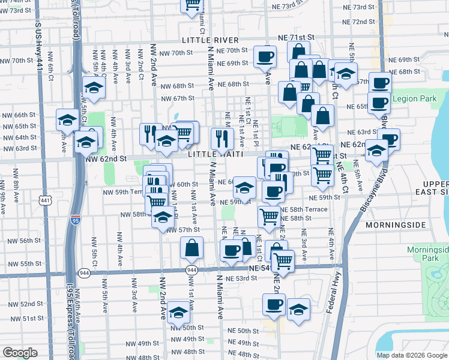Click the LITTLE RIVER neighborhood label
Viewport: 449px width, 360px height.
[x=211, y=40]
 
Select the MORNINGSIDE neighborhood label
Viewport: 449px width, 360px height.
[x=395, y=225]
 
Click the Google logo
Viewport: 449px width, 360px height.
[x=20, y=353]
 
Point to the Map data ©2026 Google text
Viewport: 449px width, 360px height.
[x=412, y=355]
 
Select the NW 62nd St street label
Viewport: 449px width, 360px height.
[x=106, y=159]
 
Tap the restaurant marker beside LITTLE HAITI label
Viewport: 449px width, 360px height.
[x=222, y=139]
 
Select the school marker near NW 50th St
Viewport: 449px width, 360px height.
[x=178, y=312]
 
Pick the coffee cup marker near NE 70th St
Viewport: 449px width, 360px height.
[x=264, y=57]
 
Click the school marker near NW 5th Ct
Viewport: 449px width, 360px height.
[x=94, y=88]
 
